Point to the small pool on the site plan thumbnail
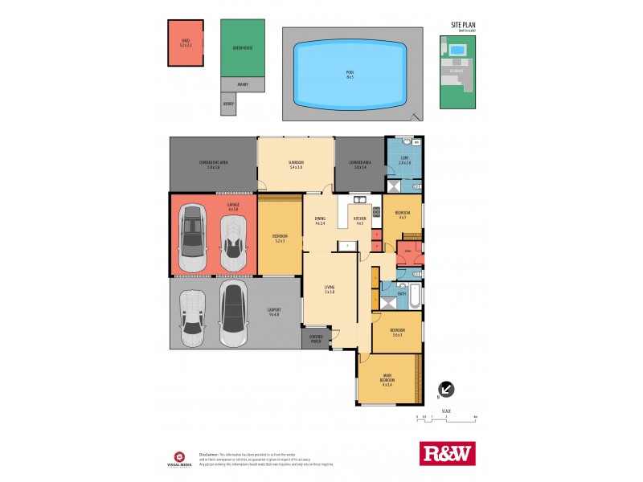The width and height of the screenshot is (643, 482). [x=457, y=50]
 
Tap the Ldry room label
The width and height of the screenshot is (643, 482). [x=404, y=160]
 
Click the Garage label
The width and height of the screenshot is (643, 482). [x=211, y=206]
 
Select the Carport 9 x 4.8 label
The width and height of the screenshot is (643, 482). [x=273, y=312]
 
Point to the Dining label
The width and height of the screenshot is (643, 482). [x=320, y=221]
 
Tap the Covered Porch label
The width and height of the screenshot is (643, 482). [x=316, y=338]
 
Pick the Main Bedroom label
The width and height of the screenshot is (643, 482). [x=387, y=379]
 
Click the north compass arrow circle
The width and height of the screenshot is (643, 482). [x=447, y=390]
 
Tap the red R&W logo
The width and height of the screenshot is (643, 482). [x=448, y=453]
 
